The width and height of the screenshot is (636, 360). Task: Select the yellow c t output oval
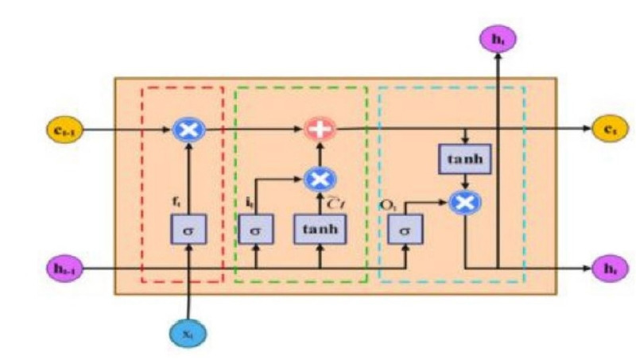(x=606, y=128)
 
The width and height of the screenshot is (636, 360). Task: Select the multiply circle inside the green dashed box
(x=321, y=178)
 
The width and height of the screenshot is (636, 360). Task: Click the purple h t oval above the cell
(x=498, y=37)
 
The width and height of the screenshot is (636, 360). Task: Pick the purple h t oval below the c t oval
(x=606, y=269)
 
